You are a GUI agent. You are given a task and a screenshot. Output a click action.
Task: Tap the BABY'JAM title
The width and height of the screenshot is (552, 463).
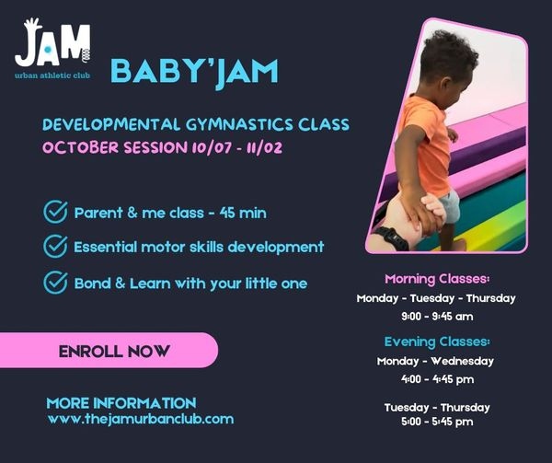click(195, 72)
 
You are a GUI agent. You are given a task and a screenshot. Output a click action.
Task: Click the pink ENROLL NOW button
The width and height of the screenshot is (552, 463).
click(109, 351)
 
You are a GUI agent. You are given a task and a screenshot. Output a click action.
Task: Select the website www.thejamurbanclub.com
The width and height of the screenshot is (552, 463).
click(141, 419)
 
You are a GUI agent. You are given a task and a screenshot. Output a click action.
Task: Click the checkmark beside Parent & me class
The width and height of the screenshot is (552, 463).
click(55, 212)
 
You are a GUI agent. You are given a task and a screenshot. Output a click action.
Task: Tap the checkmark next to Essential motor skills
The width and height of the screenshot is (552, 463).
click(55, 246)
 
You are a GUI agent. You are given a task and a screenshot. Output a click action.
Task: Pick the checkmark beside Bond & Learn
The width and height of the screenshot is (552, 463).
click(55, 283)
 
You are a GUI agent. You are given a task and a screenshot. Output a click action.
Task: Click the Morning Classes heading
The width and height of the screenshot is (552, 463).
click(437, 279)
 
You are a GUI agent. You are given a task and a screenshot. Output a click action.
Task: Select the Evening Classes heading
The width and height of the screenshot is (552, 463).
click(437, 341)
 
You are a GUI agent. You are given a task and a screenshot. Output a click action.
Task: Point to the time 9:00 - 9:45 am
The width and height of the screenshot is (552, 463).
click(437, 316)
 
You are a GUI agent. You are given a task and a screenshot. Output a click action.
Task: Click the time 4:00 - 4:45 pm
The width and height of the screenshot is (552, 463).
click(437, 379)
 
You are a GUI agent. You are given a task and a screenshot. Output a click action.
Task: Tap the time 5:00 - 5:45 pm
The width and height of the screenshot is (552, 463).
click(437, 422)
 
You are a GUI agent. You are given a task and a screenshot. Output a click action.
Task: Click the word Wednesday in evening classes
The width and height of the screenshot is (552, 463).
click(462, 361)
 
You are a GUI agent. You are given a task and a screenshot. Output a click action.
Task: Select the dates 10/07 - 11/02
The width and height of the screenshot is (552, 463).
click(237, 147)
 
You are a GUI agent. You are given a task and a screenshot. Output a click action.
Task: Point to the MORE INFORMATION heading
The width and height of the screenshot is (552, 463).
click(121, 403)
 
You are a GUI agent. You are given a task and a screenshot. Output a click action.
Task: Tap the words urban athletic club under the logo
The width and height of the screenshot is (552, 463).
click(52, 75)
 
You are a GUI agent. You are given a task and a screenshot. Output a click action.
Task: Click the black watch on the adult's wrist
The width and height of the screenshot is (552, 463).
click(392, 238)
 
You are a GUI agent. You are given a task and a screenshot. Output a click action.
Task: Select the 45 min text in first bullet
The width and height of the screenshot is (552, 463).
click(243, 213)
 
